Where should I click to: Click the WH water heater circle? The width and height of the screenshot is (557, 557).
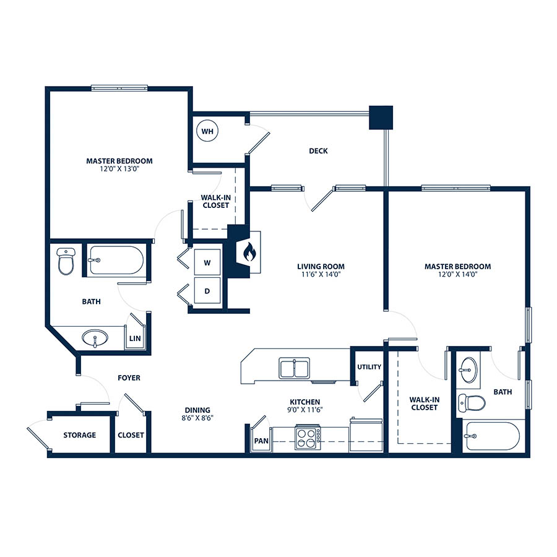(207, 131)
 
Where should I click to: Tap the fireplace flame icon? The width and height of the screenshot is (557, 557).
(249, 252)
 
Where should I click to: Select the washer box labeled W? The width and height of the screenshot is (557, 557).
(207, 262)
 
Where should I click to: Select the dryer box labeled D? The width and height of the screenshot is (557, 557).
(207, 291)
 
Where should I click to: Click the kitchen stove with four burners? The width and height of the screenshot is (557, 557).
(308, 438)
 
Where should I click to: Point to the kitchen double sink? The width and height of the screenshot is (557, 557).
(294, 368)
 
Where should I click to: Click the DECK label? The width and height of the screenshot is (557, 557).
(318, 151)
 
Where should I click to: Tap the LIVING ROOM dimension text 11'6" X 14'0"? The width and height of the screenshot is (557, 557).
(321, 274)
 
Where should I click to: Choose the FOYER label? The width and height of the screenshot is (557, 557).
(129, 378)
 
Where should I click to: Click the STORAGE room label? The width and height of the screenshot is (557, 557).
(80, 435)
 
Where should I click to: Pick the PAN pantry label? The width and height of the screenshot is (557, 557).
(261, 441)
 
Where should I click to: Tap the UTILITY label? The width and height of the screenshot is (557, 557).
(369, 367)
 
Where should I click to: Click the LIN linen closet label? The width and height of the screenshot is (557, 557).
(135, 339)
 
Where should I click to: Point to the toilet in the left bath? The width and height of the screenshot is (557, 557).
(66, 261)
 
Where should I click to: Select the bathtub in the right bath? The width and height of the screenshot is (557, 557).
(491, 436)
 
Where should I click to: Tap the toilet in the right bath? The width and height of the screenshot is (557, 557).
(472, 403)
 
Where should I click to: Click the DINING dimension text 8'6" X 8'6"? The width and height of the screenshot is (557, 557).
(197, 418)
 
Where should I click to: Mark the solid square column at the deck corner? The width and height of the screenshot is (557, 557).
(381, 118)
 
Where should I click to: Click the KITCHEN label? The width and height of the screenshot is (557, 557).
(304, 402)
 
